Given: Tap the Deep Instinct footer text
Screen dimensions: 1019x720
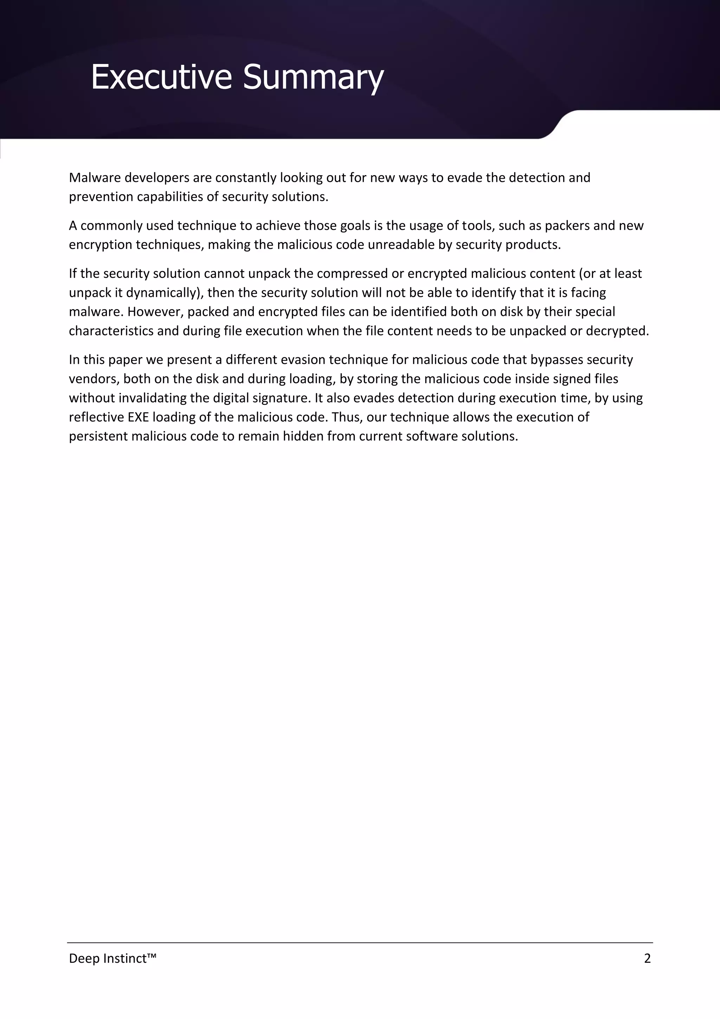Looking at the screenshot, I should [113, 958].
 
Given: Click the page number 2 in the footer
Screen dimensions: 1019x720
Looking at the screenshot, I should [647, 958].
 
